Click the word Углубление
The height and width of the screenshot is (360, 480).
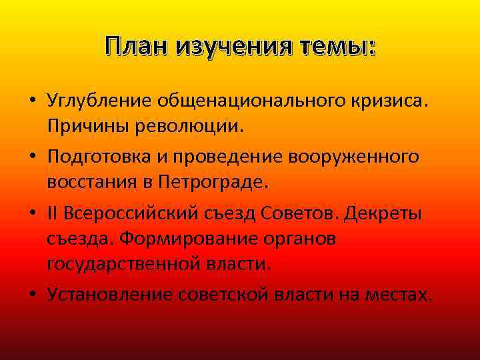(100, 101)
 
